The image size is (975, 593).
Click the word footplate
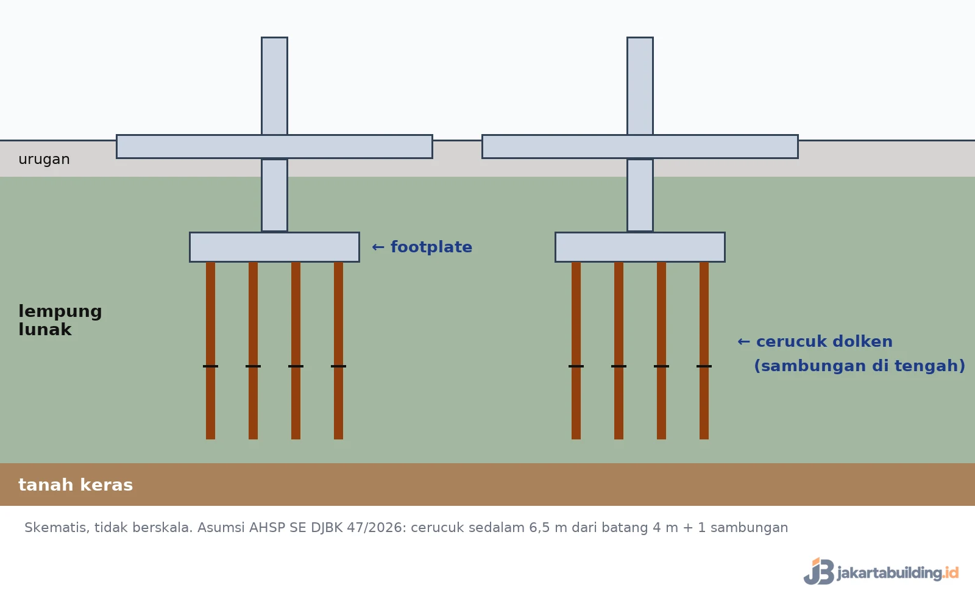tap(431, 247)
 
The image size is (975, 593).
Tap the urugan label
tap(44, 159)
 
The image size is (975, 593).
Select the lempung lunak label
tap(60, 320)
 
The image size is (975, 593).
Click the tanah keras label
tap(76, 485)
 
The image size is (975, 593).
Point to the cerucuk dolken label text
tap(824, 341)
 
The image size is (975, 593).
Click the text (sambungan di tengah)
tap(860, 366)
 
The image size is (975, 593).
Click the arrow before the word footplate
tap(378, 247)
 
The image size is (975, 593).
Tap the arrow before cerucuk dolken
tap(743, 342)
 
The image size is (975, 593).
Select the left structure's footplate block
tap(274, 247)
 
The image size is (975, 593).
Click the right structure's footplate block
tap(640, 247)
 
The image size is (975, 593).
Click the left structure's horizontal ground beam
tap(274, 147)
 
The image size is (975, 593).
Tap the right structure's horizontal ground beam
tap(640, 147)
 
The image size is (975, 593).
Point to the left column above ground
tap(274, 86)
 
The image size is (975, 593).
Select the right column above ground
tap(640, 86)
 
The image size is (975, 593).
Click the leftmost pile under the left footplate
tap(210, 350)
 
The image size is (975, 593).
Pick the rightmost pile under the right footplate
tap(704, 350)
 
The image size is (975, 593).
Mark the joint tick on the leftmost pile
tap(210, 366)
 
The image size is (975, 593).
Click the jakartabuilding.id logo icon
tap(819, 571)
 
